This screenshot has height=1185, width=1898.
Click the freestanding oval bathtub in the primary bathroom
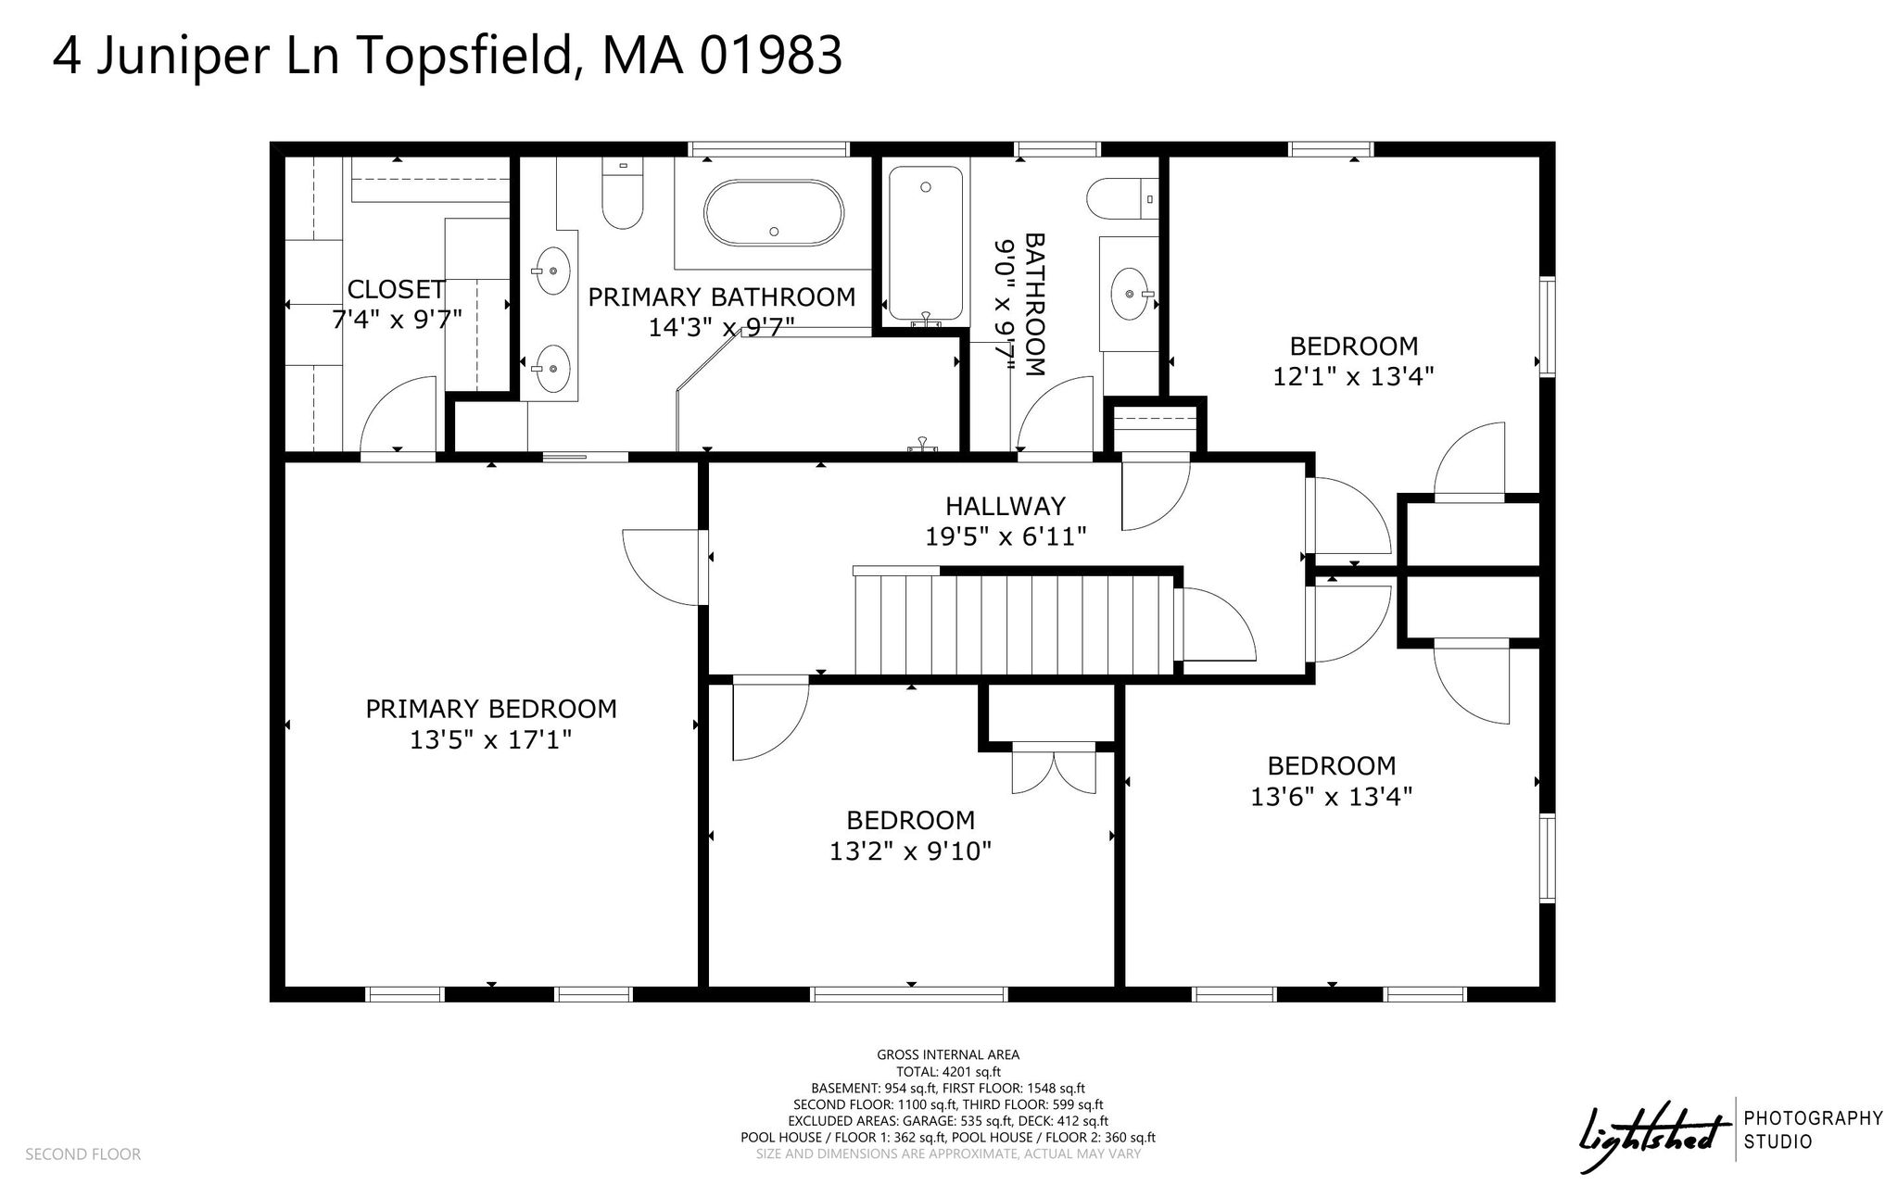click(x=774, y=213)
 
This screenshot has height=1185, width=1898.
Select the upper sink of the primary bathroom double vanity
click(x=553, y=271)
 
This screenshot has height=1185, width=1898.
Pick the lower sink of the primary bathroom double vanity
click(x=553, y=368)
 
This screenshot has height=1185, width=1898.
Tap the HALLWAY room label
click(x=1006, y=506)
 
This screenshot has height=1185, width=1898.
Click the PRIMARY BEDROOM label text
click(x=491, y=709)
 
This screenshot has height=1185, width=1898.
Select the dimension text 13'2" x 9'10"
click(x=911, y=851)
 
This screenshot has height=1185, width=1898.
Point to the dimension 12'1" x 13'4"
click(x=1354, y=376)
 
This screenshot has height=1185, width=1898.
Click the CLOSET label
click(x=396, y=289)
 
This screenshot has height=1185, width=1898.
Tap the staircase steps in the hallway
click(x=1014, y=624)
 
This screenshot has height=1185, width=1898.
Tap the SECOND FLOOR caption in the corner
click(x=83, y=1154)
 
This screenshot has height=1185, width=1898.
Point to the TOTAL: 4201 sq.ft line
click(x=948, y=1071)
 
